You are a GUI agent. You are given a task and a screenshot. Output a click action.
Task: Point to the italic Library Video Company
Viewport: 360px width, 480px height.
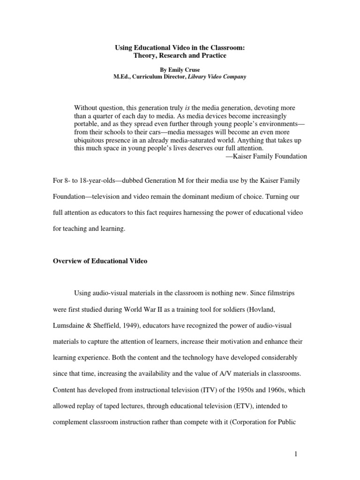coord(214,77)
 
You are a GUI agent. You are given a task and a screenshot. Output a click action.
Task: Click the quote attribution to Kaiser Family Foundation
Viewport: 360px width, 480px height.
coord(266,156)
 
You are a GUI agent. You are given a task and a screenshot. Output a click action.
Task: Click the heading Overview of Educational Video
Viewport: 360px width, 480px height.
coord(100,261)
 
